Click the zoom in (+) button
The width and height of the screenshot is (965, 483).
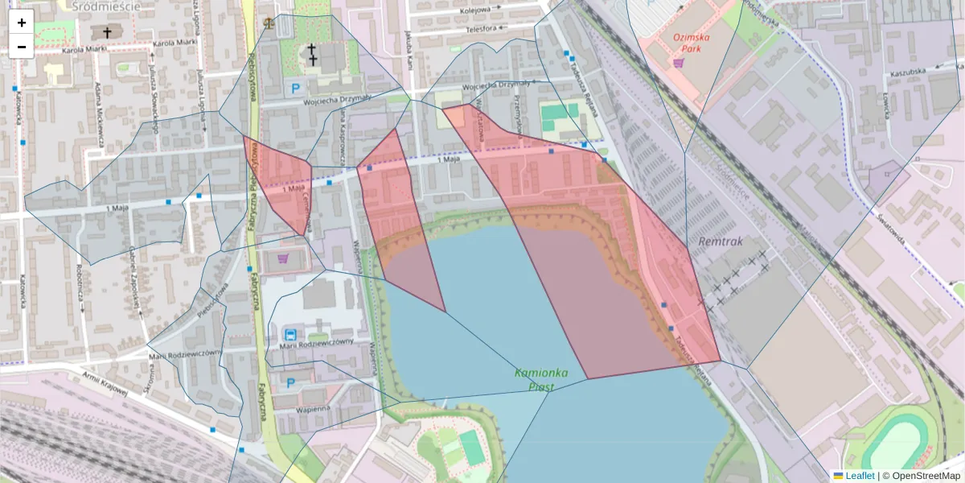tap(22, 23)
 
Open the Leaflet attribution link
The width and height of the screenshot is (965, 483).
tap(859, 476)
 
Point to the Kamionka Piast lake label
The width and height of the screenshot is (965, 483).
tap(541, 379)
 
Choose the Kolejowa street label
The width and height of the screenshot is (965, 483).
tap(475, 11)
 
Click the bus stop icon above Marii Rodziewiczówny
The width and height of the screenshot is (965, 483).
tap(290, 334)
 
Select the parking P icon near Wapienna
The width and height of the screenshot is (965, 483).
tap(290, 384)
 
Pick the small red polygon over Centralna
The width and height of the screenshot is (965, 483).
tap(279, 185)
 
